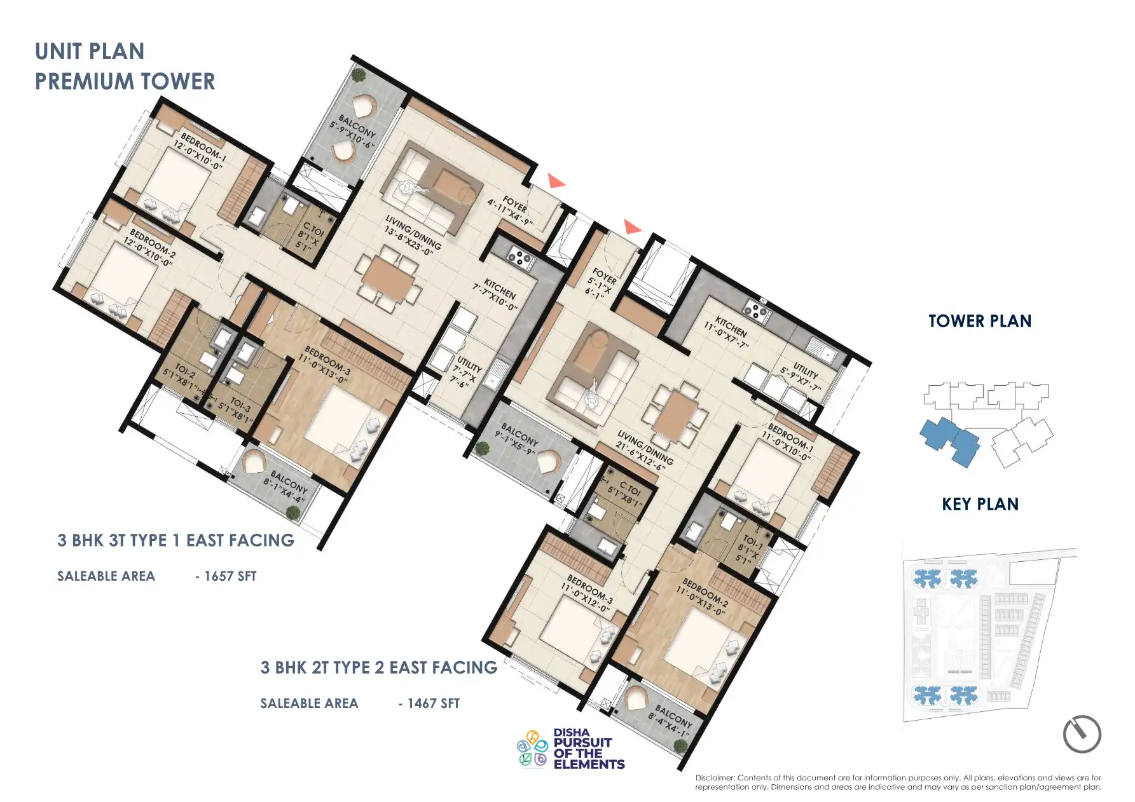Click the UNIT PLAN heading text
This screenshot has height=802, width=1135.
(90, 51)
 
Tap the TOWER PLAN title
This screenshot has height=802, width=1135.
(979, 321)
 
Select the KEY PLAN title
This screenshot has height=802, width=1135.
(979, 504)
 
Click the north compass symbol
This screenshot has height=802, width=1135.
(1081, 734)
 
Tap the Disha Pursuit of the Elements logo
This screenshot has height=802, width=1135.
(570, 749)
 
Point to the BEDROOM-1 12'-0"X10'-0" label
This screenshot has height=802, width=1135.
(200, 151)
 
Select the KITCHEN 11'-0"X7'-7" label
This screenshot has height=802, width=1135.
(727, 331)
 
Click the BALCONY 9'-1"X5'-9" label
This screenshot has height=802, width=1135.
(518, 438)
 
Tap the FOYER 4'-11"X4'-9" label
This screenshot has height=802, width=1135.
(511, 209)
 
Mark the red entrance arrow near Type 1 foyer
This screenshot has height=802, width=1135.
(556, 182)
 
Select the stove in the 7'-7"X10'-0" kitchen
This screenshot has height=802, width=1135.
(519, 257)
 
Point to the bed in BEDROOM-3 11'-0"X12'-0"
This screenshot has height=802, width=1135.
(570, 623)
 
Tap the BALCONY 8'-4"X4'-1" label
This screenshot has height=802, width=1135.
(671, 720)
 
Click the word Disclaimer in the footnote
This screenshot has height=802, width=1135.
(715, 778)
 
